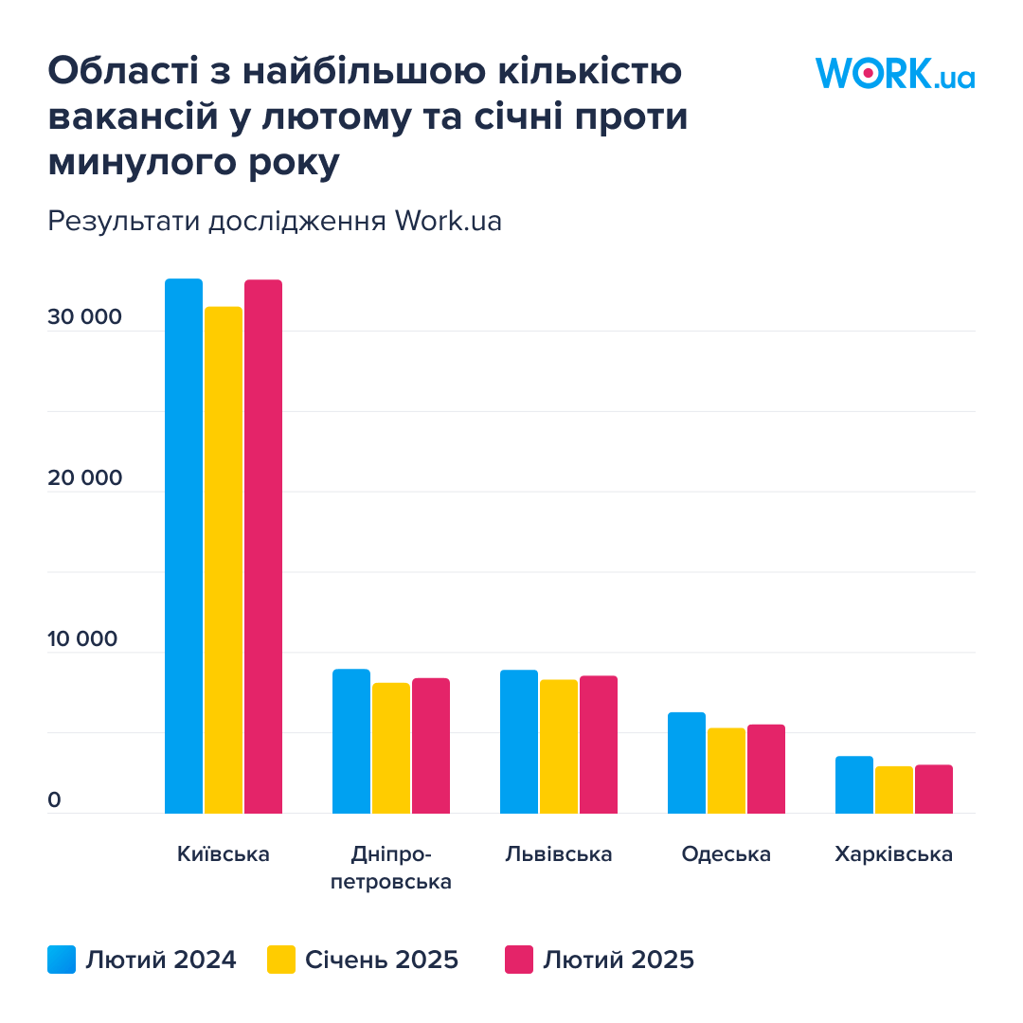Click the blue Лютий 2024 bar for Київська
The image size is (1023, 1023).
tap(184, 546)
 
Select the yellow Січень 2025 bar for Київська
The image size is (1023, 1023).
tap(224, 559)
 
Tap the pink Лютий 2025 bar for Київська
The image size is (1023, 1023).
tap(263, 547)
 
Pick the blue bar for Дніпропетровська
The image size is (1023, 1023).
tap(351, 741)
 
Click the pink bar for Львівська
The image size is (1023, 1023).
tap(599, 745)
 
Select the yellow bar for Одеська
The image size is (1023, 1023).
tap(727, 770)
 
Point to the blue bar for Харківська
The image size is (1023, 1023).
tap(854, 784)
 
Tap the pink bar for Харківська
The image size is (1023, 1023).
tap(934, 789)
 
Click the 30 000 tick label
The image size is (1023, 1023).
tap(85, 317)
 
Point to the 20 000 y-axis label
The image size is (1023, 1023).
tap(85, 478)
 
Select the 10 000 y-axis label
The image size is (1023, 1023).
tap(85, 639)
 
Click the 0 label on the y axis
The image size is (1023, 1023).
tap(54, 800)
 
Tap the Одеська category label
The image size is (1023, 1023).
tap(727, 854)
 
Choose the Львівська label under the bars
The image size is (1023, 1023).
tap(559, 854)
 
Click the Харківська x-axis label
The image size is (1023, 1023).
tap(894, 854)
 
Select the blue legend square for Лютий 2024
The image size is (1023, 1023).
tap(62, 960)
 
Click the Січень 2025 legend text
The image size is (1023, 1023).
tap(382, 960)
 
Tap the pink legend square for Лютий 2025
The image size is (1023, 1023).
tap(519, 960)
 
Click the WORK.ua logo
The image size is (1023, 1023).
tap(895, 73)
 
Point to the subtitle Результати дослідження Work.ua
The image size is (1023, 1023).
tap(275, 221)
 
